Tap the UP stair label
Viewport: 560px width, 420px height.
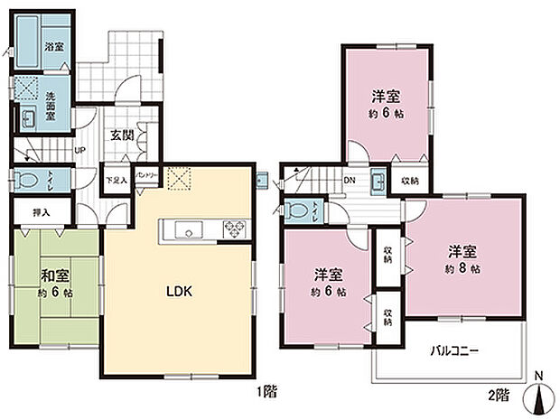[79, 151]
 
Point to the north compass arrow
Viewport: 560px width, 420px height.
[542, 394]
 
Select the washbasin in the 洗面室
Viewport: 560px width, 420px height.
[28, 117]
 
